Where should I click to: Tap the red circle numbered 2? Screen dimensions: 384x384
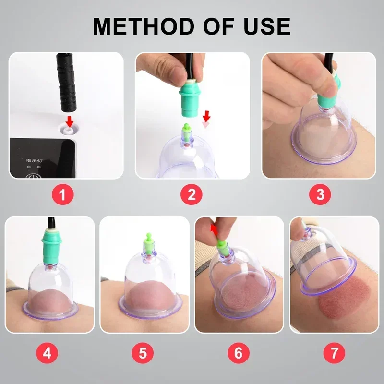192,195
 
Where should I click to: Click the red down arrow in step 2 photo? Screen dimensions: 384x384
207,116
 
